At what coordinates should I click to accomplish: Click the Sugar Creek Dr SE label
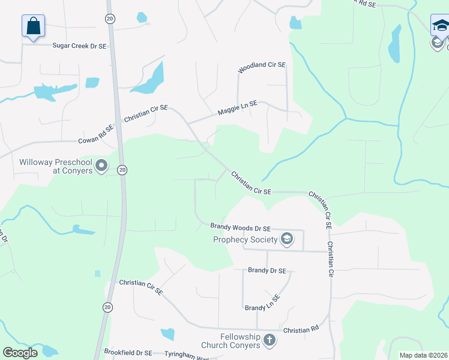(79, 45)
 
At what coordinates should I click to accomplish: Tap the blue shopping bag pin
(34, 26)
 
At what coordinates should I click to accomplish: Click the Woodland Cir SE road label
(262, 68)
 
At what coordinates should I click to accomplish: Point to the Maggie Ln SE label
(237, 108)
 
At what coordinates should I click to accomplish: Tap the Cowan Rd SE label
(96, 135)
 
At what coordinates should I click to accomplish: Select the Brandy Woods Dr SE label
(241, 227)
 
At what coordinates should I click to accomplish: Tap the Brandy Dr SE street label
(267, 271)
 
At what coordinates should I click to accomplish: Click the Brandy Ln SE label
(262, 304)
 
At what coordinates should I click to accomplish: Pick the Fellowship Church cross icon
(269, 340)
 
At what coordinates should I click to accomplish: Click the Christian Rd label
(301, 330)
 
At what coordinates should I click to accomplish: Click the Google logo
(20, 353)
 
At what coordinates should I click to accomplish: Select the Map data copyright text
(424, 355)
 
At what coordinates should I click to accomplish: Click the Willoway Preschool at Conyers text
(56, 166)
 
